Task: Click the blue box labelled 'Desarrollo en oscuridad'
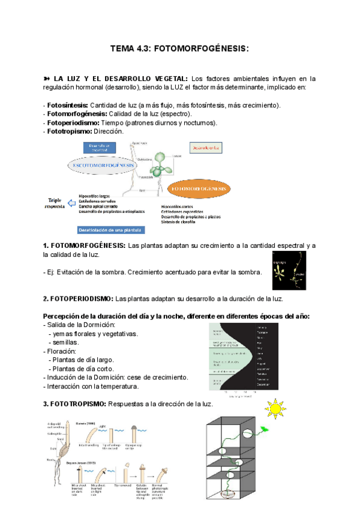[97, 147]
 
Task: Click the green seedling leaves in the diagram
[158, 162]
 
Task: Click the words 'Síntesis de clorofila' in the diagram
[183, 221]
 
